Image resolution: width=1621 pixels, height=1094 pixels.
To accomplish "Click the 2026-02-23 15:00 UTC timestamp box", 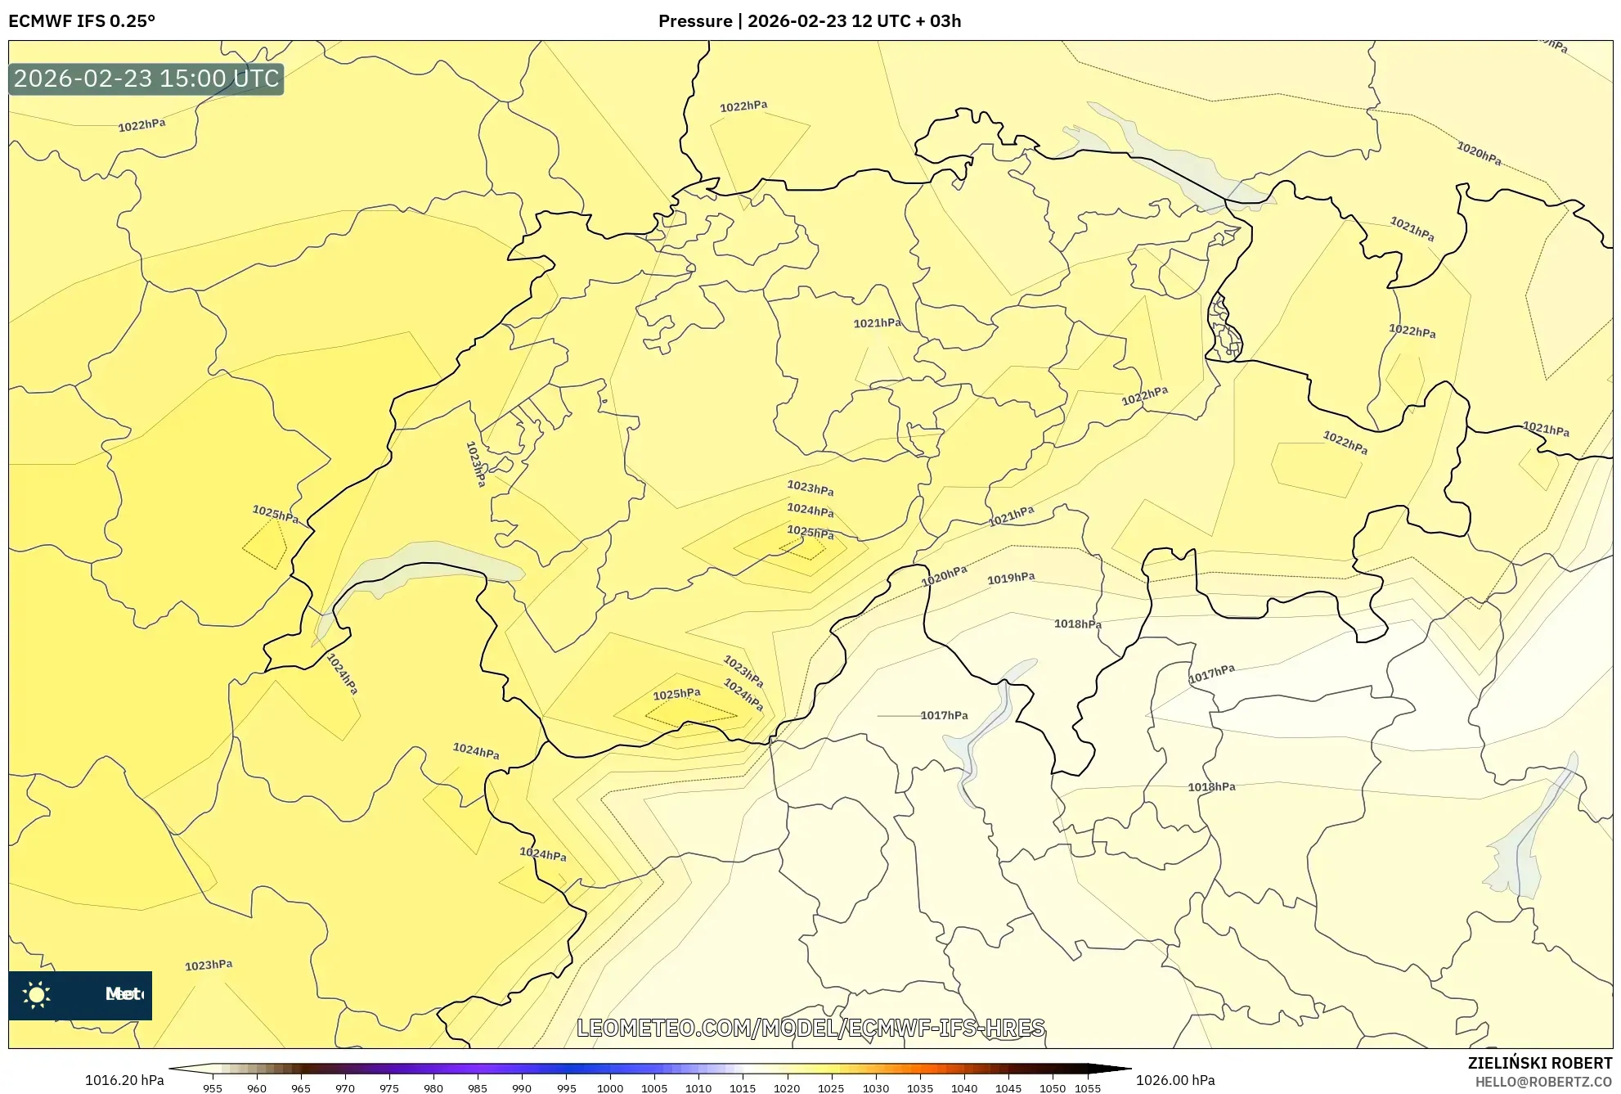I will click(x=146, y=79).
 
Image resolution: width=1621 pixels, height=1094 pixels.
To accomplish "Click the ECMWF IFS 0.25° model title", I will click(x=82, y=21).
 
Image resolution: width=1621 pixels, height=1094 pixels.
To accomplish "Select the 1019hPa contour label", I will click(x=1011, y=579).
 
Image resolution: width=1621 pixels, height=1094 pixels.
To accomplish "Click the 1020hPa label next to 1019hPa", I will click(x=944, y=576).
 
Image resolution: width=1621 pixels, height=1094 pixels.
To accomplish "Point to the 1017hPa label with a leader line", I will click(x=944, y=716).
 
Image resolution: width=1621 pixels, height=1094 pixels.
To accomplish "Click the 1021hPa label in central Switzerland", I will click(x=877, y=323).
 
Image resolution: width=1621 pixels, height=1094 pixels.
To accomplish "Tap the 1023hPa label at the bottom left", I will click(x=209, y=966).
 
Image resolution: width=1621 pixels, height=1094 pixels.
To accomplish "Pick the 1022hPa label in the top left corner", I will click(x=141, y=125).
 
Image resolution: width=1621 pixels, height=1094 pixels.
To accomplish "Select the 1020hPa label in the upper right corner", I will click(x=1479, y=153).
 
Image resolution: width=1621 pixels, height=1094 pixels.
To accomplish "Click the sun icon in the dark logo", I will click(x=37, y=995).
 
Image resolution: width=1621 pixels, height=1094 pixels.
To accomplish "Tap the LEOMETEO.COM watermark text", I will click(x=810, y=1028).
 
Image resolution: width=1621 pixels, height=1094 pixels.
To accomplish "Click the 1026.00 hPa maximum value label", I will click(x=1174, y=1080).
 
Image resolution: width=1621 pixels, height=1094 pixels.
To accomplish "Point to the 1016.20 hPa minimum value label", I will click(x=124, y=1080).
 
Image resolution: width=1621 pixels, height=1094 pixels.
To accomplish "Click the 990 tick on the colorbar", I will click(x=522, y=1088).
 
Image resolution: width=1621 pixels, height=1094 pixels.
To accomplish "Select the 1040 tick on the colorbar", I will click(x=964, y=1088).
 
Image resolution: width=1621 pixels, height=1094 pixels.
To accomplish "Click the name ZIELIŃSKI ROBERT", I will click(x=1539, y=1063).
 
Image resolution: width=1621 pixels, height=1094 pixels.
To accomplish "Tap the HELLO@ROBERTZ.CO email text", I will click(x=1543, y=1082).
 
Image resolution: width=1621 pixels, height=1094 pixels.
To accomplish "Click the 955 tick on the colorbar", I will click(x=213, y=1088).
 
